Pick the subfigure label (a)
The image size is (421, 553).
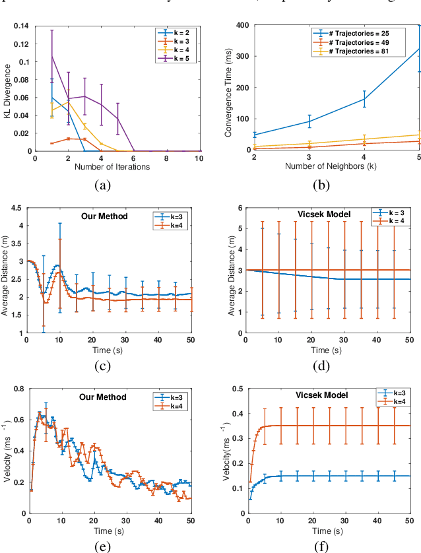pos(102,186)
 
